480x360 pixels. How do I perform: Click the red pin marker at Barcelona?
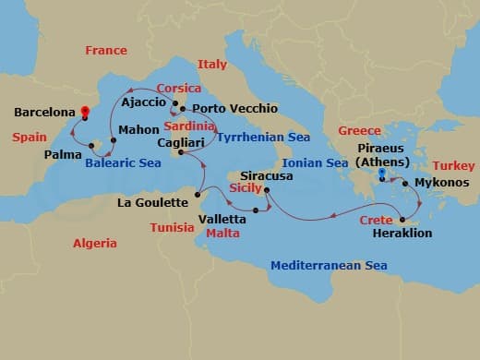[x=85, y=113]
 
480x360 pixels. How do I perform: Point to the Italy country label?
[x=211, y=65]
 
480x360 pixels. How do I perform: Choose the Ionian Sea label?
[x=322, y=162]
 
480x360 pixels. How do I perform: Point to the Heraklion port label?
[x=401, y=234]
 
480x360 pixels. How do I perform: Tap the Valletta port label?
[x=222, y=220]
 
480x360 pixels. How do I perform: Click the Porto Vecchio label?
[x=234, y=109]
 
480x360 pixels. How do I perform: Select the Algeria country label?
[x=95, y=244]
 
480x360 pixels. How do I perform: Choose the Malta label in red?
[x=222, y=234]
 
